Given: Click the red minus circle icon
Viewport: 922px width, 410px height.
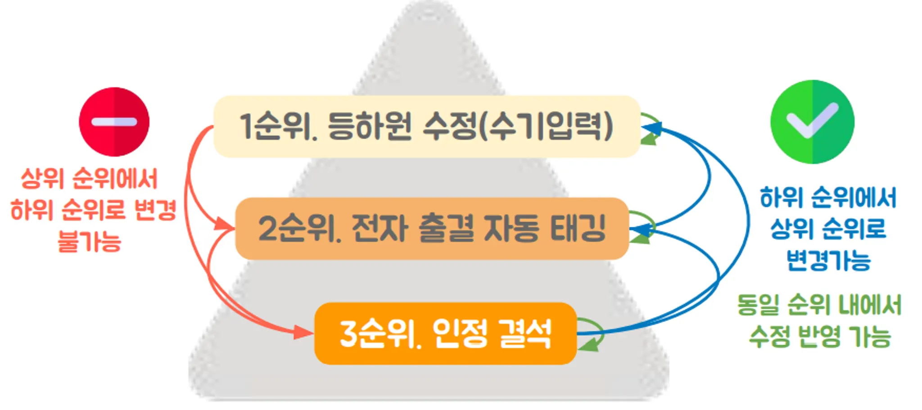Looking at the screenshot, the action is [x=114, y=122].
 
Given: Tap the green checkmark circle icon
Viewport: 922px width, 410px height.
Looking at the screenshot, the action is [x=812, y=122].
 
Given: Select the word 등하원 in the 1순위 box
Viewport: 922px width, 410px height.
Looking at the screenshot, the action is [x=369, y=126].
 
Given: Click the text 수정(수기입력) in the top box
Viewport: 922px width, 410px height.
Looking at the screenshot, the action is [x=518, y=126].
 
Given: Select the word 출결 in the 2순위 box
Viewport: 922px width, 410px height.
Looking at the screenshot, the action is [x=446, y=229].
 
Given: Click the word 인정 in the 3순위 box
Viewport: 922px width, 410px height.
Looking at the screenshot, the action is [x=459, y=334].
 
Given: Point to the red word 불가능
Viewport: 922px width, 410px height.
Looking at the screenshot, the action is [x=90, y=241].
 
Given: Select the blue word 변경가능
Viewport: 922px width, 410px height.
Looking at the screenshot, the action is [x=828, y=260].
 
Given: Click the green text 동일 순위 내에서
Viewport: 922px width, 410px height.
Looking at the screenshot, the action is [x=819, y=305].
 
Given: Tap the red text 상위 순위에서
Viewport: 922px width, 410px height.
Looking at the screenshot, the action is [x=90, y=179].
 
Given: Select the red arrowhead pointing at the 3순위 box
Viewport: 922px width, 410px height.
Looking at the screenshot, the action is [x=303, y=333].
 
